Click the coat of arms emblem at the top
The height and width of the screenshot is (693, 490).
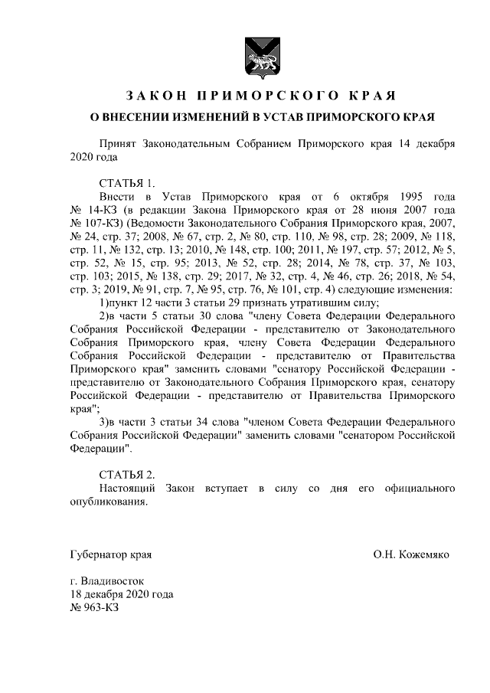[255, 54]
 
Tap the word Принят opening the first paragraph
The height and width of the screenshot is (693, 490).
[119, 143]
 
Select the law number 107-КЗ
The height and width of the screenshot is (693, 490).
[93, 222]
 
